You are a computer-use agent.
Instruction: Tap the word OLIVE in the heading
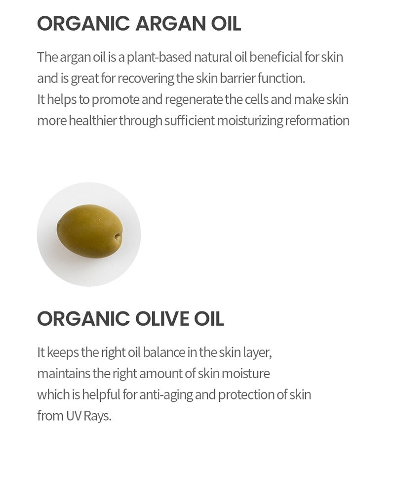pos(162,318)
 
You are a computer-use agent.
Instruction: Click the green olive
pos(90,231)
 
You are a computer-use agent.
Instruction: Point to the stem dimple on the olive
pos(118,237)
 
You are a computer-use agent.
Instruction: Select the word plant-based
pos(158,58)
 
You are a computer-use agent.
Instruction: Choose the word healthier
pos(93,121)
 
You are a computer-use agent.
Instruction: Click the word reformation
pos(317,121)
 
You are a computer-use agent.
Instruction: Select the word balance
pos(164,352)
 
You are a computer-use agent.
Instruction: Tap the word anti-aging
pos(166,395)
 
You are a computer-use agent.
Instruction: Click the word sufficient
pos(190,121)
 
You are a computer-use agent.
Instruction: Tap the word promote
pos(115,100)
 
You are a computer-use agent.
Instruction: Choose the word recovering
pos(146,79)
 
